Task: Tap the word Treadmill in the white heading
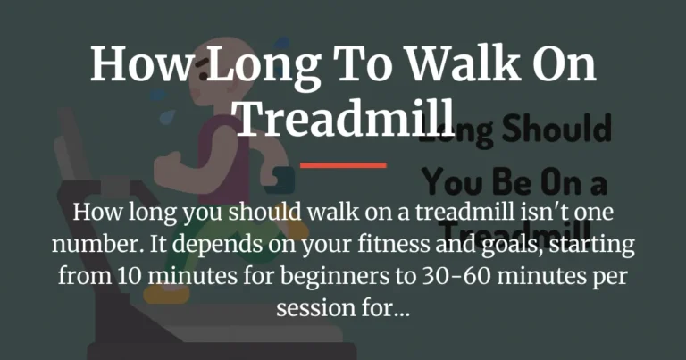[x=343, y=117]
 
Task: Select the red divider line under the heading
[x=343, y=164]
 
